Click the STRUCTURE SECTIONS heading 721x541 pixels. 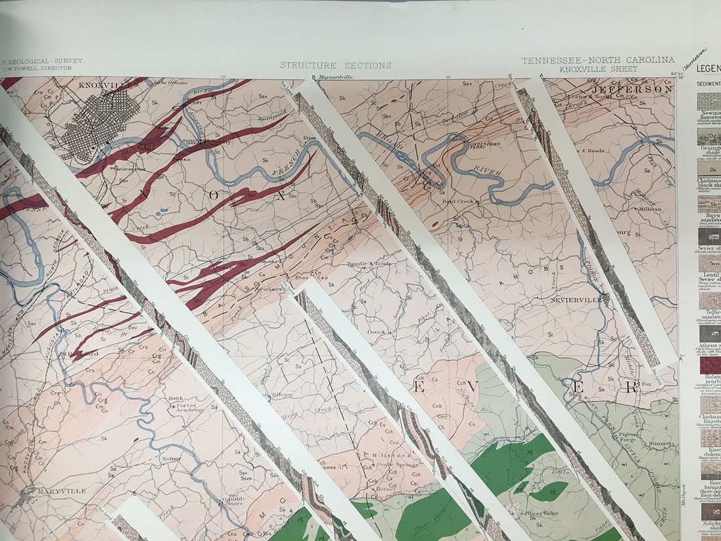(336, 66)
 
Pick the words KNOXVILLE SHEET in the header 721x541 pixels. (598, 69)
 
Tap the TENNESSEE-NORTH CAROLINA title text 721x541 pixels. (598, 60)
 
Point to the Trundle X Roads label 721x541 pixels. (368, 264)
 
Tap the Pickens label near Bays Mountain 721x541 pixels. (271, 289)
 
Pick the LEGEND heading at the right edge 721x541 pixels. (709, 68)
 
